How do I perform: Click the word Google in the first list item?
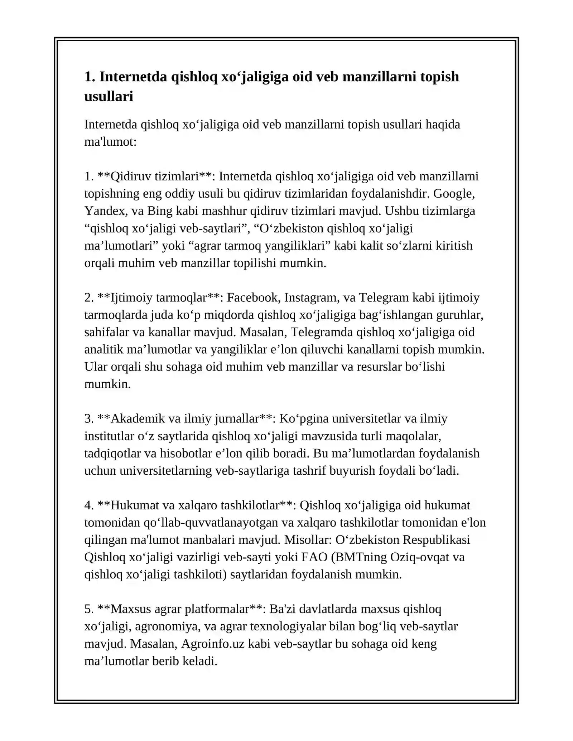pyautogui.click(x=453, y=194)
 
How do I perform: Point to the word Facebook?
pyautogui.click(x=254, y=297)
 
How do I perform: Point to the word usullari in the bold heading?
pyautogui.click(x=109, y=96)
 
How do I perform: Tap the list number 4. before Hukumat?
pyautogui.click(x=89, y=505)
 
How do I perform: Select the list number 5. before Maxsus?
pyautogui.click(x=89, y=609)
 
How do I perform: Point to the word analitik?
pyautogui.click(x=104, y=349)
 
